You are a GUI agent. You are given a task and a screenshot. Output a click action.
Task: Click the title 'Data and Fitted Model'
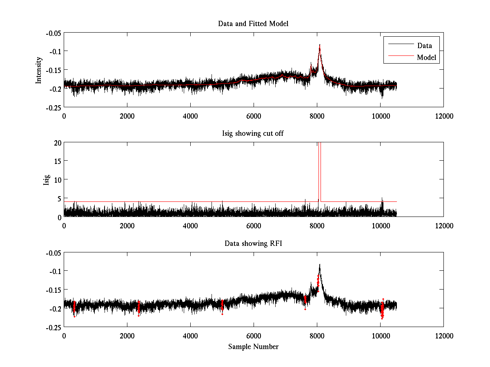coord(253,24)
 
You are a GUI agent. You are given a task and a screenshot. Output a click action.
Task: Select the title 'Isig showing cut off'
coord(253,134)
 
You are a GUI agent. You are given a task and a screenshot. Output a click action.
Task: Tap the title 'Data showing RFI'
coord(253,243)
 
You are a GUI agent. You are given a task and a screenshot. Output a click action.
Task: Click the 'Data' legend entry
coord(424,46)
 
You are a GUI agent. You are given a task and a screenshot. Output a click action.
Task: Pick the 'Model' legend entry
coord(427,57)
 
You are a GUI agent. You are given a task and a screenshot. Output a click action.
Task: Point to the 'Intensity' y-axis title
coord(39,70)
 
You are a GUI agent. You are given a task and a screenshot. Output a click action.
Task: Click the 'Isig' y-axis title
coord(47,179)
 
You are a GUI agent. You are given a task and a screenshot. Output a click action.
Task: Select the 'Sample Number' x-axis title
coord(253,347)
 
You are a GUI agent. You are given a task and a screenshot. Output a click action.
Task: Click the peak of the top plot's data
coord(320,44)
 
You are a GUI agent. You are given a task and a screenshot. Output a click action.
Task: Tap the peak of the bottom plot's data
coord(320,265)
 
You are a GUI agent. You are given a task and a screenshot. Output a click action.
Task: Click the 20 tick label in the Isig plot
coord(56,142)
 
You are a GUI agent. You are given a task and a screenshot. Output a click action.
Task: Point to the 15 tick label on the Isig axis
coord(56,161)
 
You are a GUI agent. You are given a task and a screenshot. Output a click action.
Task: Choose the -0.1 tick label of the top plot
coord(53,51)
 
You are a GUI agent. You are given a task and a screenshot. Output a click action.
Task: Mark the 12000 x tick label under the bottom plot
coord(443,336)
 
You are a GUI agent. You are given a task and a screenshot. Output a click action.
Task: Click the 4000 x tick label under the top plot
coord(190,116)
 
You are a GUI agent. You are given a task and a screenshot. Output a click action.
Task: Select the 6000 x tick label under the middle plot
coord(254,226)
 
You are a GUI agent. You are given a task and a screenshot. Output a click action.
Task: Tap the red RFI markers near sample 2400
coord(139,307)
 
